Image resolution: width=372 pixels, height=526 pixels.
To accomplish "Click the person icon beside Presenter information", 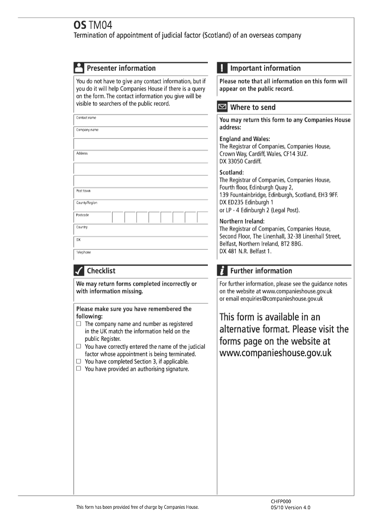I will coord(79,68).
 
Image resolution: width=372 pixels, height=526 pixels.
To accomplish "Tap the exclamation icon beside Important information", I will coord(222,68).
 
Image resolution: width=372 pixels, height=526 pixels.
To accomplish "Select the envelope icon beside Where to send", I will coord(223,107).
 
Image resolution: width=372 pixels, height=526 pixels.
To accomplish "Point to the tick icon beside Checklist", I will coord(79,271).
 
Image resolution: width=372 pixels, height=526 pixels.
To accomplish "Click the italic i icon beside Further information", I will coord(222,271).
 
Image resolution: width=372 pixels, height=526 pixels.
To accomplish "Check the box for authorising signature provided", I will coord(79,369).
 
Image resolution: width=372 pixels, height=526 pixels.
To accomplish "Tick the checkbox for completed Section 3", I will coord(79,361).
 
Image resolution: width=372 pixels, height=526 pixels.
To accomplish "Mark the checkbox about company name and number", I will coord(79,324).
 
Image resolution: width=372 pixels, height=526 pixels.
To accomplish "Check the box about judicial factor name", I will coord(79,346).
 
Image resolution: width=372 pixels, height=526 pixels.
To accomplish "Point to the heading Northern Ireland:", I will coord(242,221).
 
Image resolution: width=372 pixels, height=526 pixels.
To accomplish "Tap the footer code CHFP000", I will coord(281,501).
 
